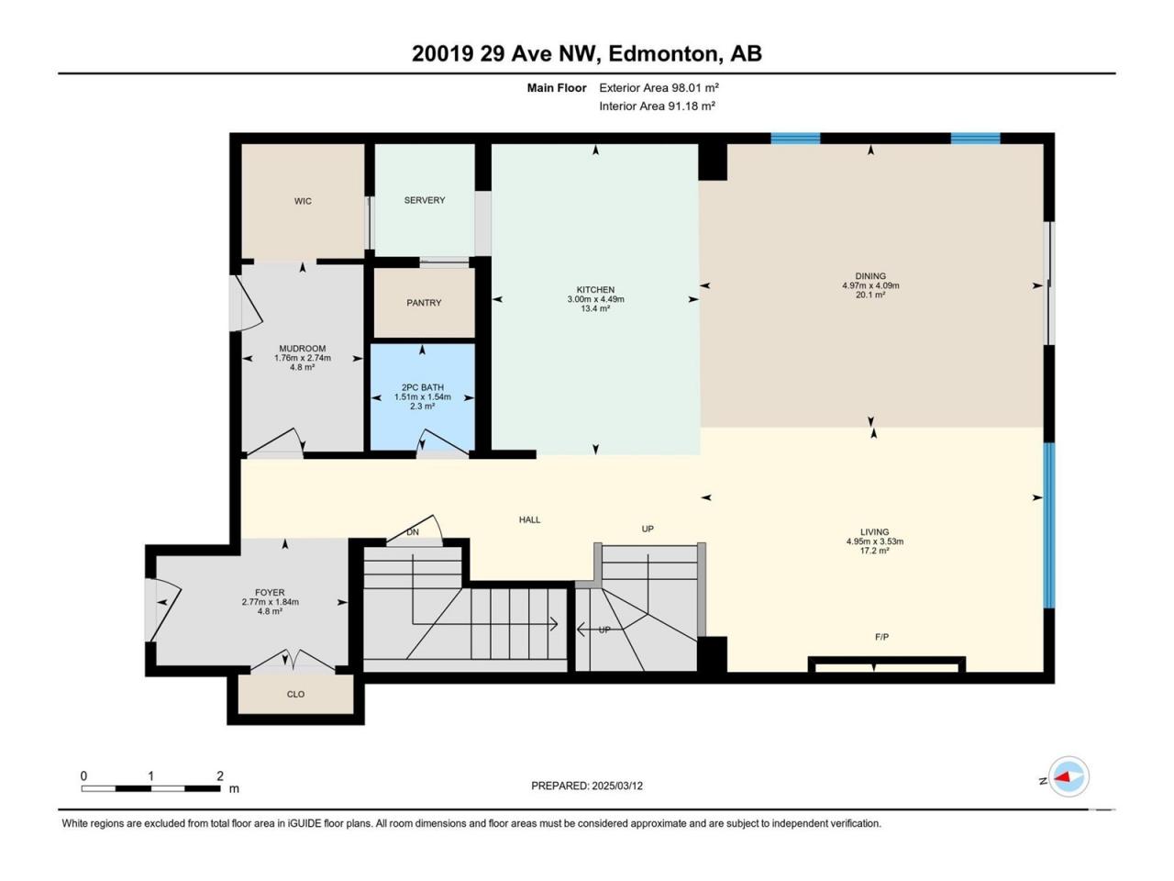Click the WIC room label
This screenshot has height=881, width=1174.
(303, 201)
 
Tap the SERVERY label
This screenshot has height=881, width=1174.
(424, 200)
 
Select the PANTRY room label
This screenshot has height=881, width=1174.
(424, 303)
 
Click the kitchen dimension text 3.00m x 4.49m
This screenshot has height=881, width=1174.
(595, 299)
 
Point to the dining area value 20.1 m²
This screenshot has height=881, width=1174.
(870, 295)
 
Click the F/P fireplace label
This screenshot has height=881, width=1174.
(881, 637)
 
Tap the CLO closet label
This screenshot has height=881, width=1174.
(295, 695)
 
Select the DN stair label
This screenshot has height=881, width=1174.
(413, 532)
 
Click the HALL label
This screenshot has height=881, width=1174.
(529, 519)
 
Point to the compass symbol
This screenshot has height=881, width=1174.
(1069, 776)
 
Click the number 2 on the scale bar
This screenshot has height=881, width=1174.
(220, 775)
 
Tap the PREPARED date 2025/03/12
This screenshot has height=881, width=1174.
(616, 786)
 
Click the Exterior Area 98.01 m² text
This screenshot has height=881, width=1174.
(659, 88)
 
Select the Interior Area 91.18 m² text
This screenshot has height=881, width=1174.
(658, 106)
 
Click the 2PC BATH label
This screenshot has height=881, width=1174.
(423, 387)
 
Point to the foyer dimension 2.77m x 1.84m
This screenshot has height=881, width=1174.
(270, 602)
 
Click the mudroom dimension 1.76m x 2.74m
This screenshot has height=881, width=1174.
(302, 358)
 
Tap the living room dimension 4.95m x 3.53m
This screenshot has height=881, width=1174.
(874, 541)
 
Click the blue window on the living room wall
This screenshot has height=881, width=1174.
(1049, 525)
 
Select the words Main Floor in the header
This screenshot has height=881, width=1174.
(557, 88)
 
